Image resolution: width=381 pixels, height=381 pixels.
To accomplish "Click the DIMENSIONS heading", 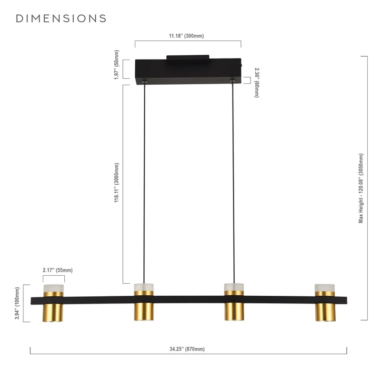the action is point(61,19).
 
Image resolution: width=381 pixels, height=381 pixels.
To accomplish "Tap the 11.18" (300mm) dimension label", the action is point(186,36).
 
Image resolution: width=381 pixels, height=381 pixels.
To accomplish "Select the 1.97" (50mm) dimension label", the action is point(117,65).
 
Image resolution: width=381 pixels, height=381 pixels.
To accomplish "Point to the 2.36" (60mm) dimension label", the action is point(257,82).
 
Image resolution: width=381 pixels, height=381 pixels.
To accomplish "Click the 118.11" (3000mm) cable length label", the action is point(117,183).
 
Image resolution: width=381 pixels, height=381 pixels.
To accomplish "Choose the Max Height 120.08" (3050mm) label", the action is point(361,188).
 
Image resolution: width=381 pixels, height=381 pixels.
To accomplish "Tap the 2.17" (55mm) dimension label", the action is point(58,270).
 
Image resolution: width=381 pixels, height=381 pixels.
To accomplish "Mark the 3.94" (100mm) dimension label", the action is point(17,303).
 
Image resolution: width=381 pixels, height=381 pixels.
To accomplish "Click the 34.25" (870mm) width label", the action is point(187,349).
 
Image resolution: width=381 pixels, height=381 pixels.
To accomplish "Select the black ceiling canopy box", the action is point(188,71).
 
